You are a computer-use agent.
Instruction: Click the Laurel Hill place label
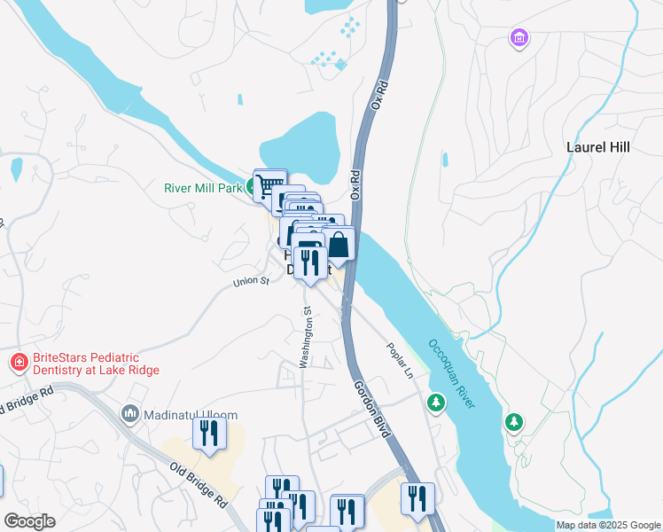597,147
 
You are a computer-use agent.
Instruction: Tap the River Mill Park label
203,188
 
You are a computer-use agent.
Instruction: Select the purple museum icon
519,38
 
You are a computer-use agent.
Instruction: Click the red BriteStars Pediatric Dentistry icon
18,363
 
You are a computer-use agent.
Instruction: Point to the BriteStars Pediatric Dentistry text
96,364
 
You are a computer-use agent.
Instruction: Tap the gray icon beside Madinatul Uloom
130,414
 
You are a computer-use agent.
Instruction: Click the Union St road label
251,282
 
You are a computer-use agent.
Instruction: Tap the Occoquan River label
452,373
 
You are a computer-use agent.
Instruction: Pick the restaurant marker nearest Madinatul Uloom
209,434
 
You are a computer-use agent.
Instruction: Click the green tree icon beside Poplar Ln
435,403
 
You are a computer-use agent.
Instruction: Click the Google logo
29,521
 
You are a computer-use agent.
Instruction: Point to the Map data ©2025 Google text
608,525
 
